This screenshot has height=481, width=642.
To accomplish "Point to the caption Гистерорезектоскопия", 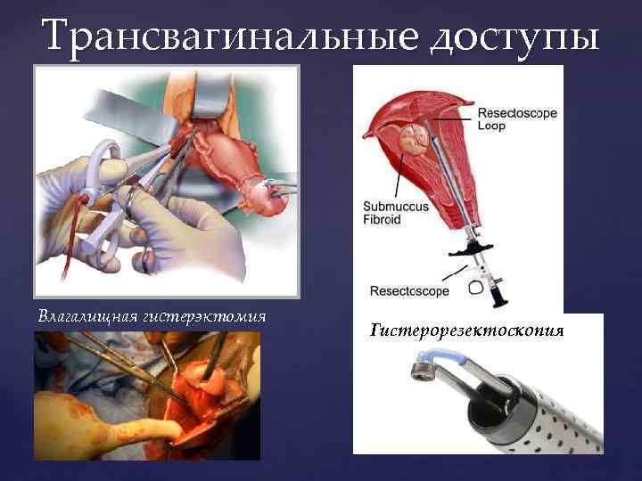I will point(466,331).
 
